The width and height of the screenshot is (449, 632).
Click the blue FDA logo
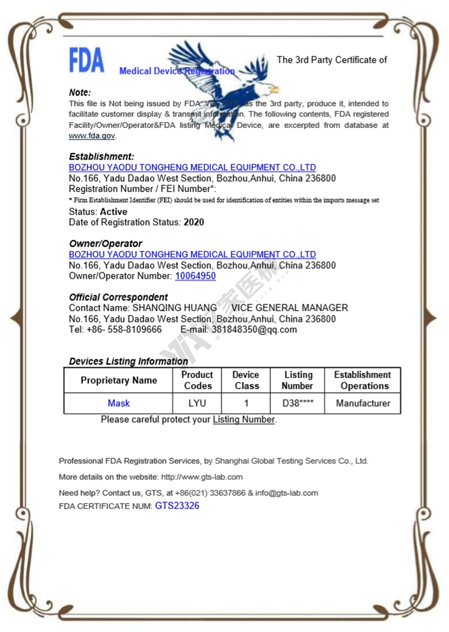click(x=86, y=61)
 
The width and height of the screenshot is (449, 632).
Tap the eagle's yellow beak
click(x=274, y=89)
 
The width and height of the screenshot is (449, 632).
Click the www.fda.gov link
click(x=92, y=136)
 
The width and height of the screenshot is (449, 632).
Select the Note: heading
click(x=80, y=93)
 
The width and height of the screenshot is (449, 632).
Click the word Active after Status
click(x=114, y=212)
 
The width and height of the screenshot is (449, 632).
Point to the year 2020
click(x=194, y=222)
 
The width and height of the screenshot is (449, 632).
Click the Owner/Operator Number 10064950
click(x=195, y=276)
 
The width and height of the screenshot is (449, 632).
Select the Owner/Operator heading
click(x=106, y=243)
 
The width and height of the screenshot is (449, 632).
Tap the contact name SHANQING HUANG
click(x=175, y=308)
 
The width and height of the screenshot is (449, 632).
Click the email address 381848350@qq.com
click(x=254, y=330)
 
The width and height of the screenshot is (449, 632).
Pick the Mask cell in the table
click(x=119, y=403)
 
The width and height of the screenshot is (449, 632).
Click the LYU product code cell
click(x=197, y=403)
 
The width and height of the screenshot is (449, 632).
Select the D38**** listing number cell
click(x=298, y=403)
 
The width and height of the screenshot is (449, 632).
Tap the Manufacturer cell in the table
click(x=363, y=403)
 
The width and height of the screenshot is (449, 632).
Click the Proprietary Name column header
click(x=119, y=380)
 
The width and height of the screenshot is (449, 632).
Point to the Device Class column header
click(x=246, y=380)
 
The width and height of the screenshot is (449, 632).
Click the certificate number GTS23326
click(x=177, y=506)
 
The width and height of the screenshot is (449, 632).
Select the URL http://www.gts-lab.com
click(x=202, y=477)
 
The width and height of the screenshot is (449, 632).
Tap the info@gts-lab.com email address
click(x=286, y=493)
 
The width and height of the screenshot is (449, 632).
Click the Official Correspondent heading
click(x=118, y=297)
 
